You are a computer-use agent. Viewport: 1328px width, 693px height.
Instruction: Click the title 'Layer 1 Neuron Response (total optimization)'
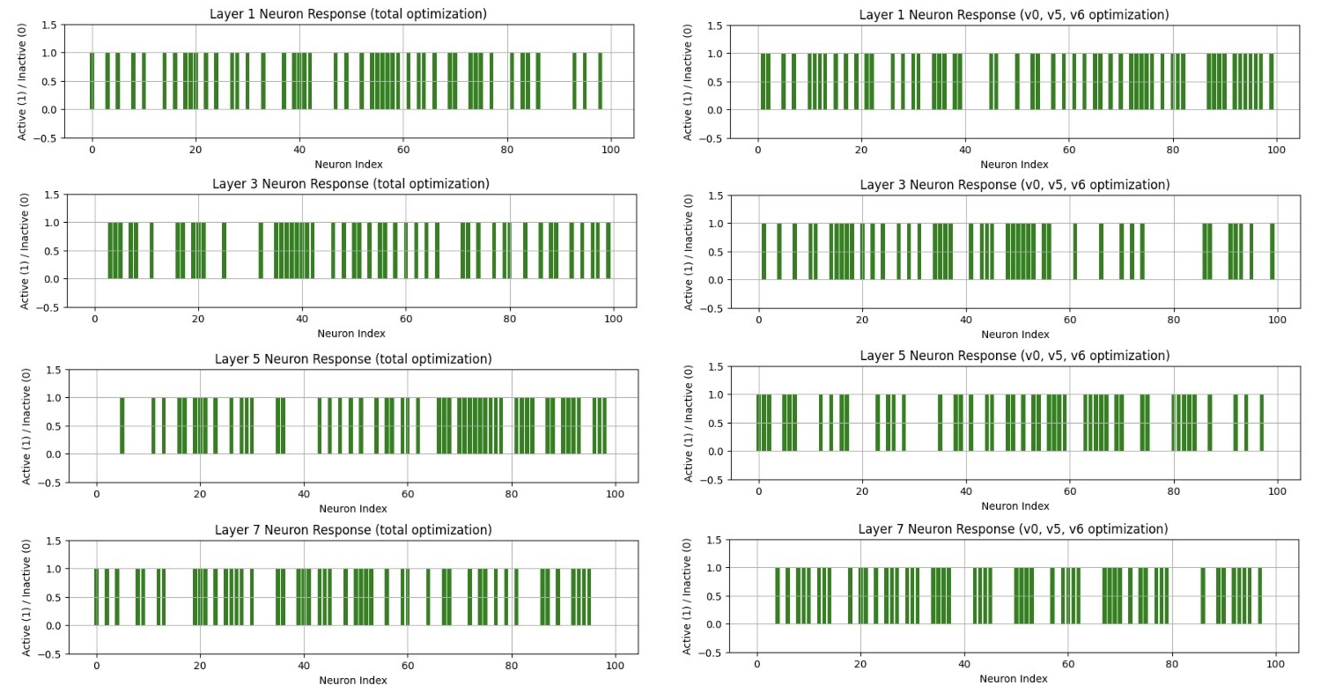coord(348,14)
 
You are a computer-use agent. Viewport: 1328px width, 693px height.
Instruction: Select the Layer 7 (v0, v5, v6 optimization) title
coord(1013,529)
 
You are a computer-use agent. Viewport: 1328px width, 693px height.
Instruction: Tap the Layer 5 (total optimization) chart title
coord(353,359)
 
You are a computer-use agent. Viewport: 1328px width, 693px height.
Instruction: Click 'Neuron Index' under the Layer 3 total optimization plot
coord(352,334)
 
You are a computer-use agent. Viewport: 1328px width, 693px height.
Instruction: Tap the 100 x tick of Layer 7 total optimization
coord(614,667)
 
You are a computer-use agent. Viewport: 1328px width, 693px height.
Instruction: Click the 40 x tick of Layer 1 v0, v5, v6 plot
coord(965,151)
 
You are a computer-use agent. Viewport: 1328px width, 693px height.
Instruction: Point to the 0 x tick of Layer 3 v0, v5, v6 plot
coord(758,321)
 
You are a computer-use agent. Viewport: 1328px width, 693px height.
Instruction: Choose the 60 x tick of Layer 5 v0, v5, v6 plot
coord(1069,492)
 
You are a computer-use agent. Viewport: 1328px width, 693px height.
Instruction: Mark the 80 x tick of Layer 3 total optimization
coord(509,320)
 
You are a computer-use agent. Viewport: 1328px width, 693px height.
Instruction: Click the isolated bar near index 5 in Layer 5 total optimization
coord(122,426)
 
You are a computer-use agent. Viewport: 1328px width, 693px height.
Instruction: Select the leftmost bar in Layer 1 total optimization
coord(92,81)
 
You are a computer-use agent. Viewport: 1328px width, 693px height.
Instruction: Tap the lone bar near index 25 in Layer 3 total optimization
coord(224,251)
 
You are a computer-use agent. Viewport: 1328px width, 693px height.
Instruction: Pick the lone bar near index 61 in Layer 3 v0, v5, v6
coord(1075,252)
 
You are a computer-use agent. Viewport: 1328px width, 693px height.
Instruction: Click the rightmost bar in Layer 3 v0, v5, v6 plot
coord(1272,252)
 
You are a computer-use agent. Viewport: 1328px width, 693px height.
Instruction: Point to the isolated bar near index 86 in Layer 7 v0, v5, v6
coord(1202,596)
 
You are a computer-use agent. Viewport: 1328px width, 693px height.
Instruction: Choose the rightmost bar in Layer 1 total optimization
coord(600,81)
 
